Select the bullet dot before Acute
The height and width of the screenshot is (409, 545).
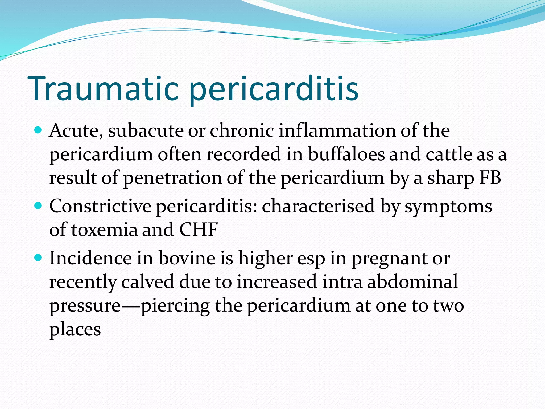click(39, 130)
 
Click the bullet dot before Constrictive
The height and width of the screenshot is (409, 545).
click(39, 206)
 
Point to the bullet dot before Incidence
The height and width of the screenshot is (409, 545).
click(39, 257)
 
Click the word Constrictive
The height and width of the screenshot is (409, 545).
click(100, 206)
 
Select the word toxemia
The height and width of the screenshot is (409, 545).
click(104, 230)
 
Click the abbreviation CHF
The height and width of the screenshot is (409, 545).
click(199, 230)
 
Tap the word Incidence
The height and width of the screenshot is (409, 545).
click(90, 258)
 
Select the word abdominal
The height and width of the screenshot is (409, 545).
click(413, 282)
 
